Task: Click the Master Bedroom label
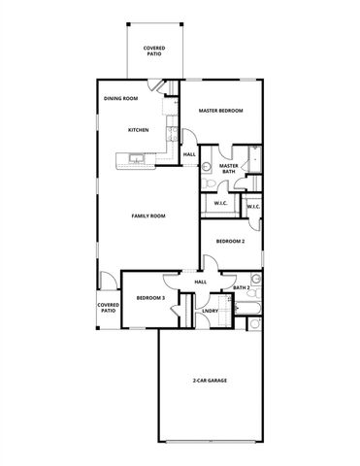(220, 111)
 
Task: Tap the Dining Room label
(121, 98)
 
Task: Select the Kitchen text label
(138, 129)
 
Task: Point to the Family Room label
(148, 216)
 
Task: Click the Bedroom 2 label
(229, 240)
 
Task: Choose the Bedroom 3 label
(149, 298)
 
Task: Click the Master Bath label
(229, 169)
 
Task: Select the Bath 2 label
(242, 288)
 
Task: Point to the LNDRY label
(210, 311)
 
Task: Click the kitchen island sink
(135, 157)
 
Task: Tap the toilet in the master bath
(207, 167)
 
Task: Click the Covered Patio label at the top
(153, 50)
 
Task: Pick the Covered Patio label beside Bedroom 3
(108, 308)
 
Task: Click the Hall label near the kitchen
(189, 154)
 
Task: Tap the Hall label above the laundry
(200, 282)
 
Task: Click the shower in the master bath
(254, 158)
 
